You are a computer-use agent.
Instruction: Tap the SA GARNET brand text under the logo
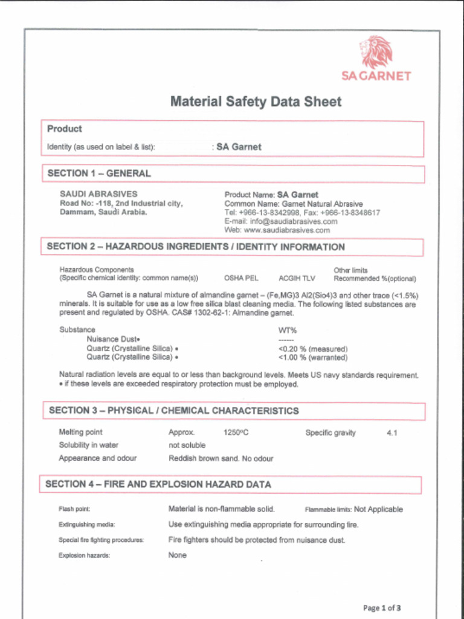376,76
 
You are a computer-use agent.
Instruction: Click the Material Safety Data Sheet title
256,102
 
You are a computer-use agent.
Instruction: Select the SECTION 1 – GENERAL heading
99,173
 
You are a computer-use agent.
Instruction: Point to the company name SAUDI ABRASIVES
98,194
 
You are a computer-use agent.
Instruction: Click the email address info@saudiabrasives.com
281,221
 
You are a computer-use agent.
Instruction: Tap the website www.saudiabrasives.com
277,230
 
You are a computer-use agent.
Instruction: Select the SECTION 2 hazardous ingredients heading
196,247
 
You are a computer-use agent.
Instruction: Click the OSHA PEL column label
241,279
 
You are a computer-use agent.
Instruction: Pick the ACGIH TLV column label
297,279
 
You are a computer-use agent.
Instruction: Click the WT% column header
287,330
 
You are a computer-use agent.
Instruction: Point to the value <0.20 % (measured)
312,349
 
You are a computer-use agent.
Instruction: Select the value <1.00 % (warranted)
312,357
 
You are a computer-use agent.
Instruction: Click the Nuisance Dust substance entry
113,339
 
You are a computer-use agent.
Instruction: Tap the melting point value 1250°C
236,433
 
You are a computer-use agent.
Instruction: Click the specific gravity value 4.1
391,433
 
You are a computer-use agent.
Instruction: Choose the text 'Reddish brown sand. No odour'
221,459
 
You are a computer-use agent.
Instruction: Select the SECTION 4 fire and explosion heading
158,485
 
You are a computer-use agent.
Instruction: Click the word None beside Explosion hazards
177,555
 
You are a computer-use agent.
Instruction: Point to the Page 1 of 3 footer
382,608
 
